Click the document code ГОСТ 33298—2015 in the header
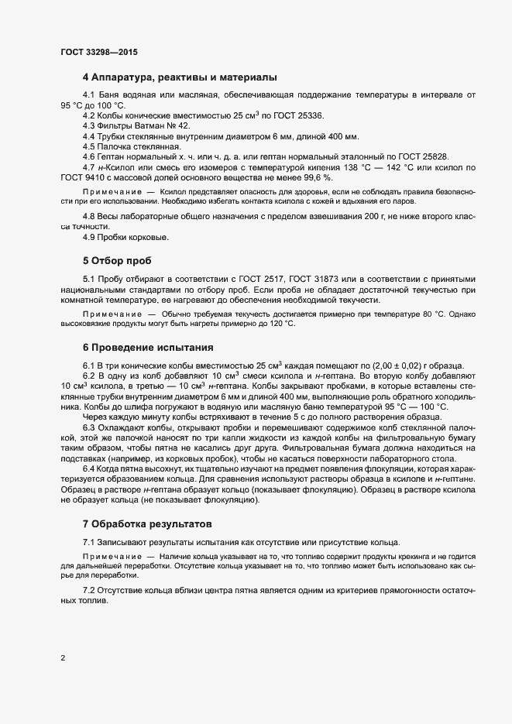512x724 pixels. click(x=101, y=51)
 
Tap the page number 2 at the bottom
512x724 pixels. click(x=63, y=658)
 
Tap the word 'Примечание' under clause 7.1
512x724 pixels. click(x=112, y=557)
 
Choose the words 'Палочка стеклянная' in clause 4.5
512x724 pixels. click(x=133, y=146)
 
